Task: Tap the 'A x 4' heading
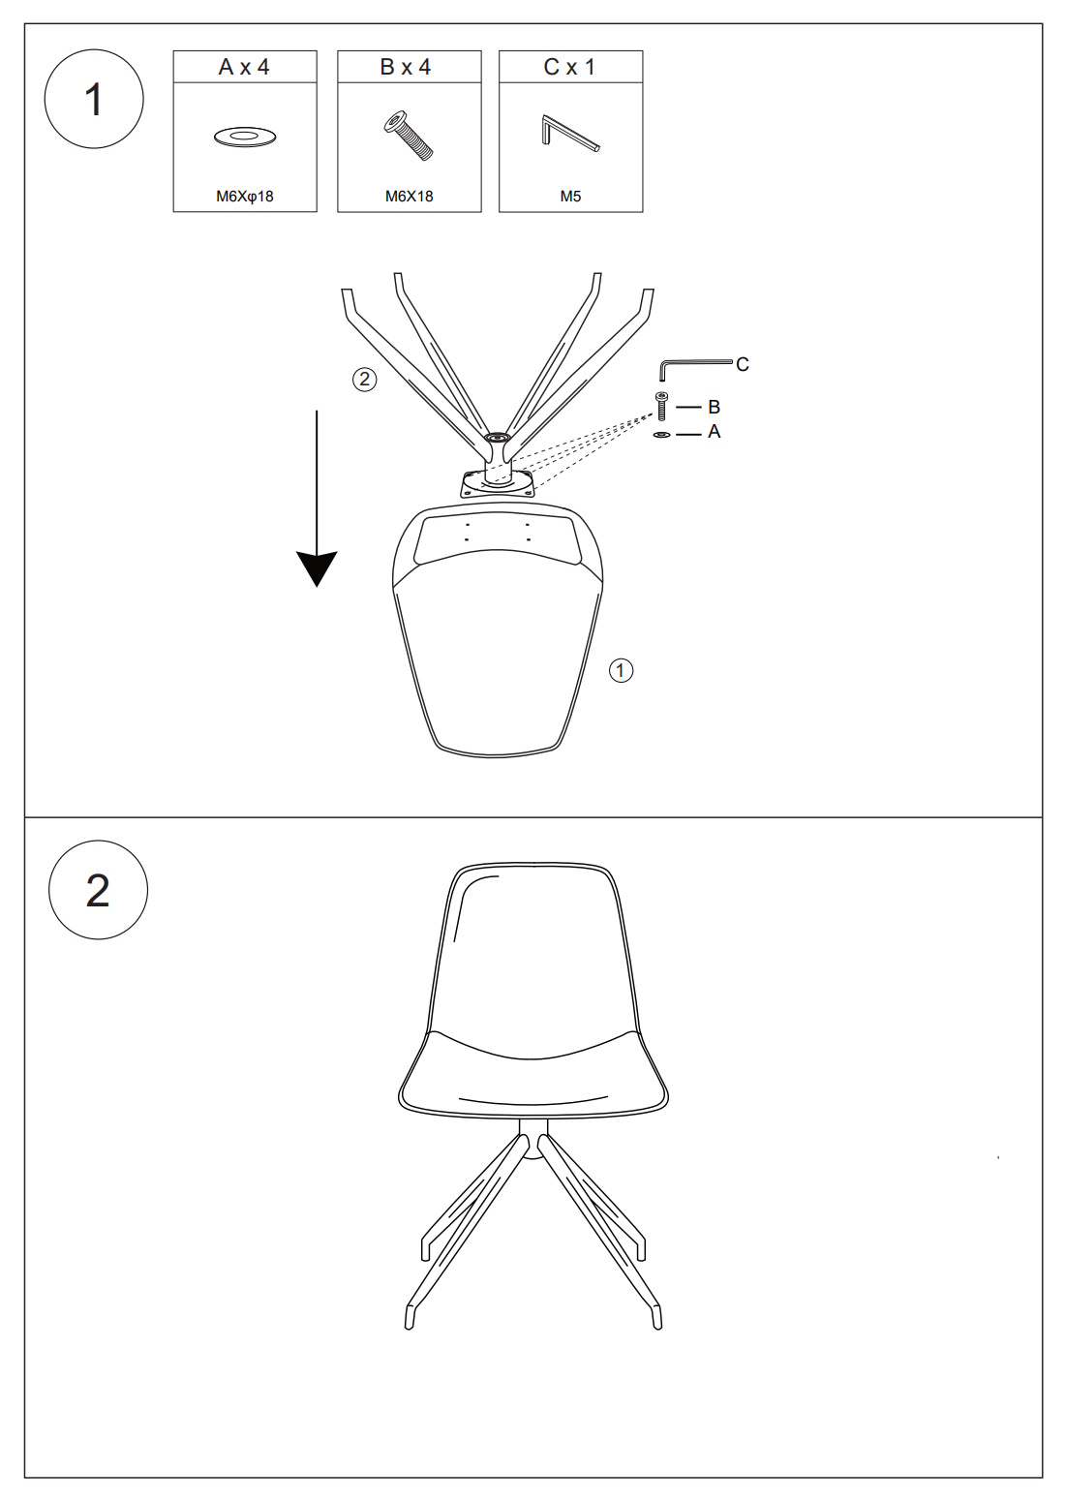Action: click(x=245, y=67)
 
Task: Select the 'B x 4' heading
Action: click(x=406, y=67)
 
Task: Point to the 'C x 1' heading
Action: click(x=569, y=67)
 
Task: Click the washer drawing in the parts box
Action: click(x=245, y=137)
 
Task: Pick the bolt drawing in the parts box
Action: click(x=409, y=136)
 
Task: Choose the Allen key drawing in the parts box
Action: click(x=569, y=134)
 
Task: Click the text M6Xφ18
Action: click(x=245, y=197)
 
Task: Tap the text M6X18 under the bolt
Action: click(x=409, y=197)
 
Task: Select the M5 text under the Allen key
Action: click(x=570, y=197)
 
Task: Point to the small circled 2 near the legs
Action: click(x=364, y=380)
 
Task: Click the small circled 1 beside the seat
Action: click(x=621, y=670)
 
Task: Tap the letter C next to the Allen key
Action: click(x=743, y=364)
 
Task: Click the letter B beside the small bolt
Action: click(x=714, y=407)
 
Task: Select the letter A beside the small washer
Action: click(x=714, y=432)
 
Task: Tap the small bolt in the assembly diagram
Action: click(x=662, y=406)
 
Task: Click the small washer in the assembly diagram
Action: click(x=662, y=435)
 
